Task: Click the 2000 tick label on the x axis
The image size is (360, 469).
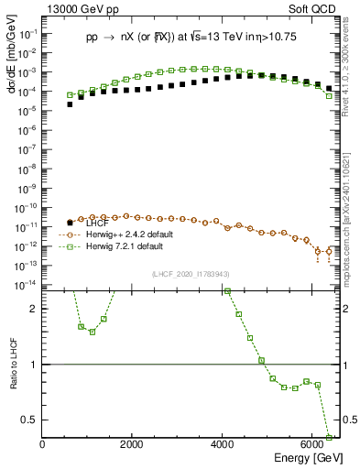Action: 133,445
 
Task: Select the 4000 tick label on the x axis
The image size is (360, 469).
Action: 223,445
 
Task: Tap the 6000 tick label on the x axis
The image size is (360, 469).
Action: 312,445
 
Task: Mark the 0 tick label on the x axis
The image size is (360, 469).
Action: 43,445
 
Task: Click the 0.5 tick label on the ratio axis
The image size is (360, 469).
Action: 29,420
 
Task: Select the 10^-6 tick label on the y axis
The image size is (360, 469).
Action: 27,130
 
